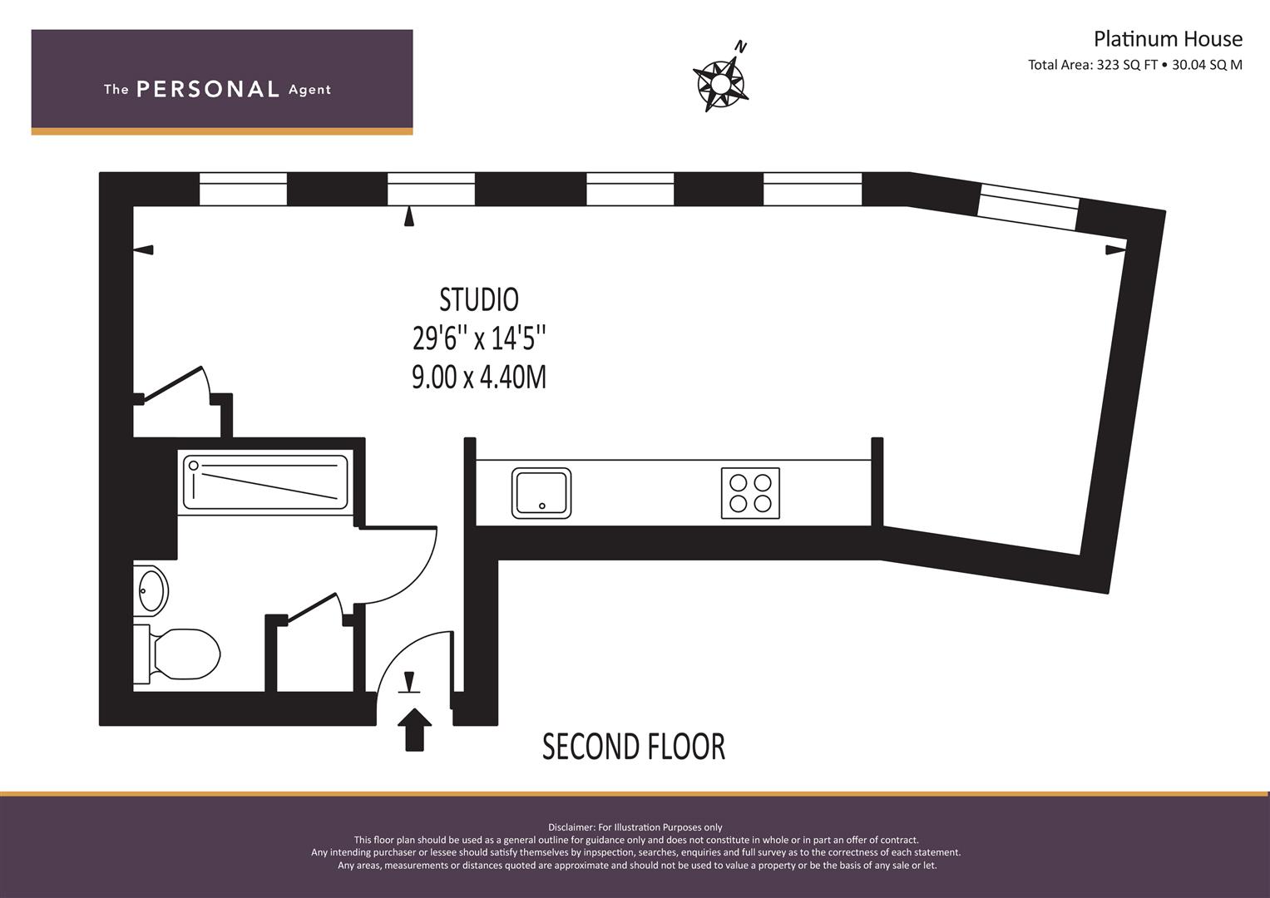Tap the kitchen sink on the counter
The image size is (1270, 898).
point(542,492)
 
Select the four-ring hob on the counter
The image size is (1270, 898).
point(750,492)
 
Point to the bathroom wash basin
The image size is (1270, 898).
point(151,591)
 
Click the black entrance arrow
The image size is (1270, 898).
point(413,728)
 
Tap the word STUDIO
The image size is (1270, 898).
point(479,299)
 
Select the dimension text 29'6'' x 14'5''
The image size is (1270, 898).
point(479,338)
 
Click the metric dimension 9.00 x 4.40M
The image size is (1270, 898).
point(479,377)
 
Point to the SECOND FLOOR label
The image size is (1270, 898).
point(634,747)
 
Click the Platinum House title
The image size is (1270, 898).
point(1167,39)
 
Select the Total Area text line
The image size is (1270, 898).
point(1134,65)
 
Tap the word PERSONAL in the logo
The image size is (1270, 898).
point(207,90)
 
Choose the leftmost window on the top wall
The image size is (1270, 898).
point(243,189)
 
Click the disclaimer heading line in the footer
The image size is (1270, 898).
point(635,827)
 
